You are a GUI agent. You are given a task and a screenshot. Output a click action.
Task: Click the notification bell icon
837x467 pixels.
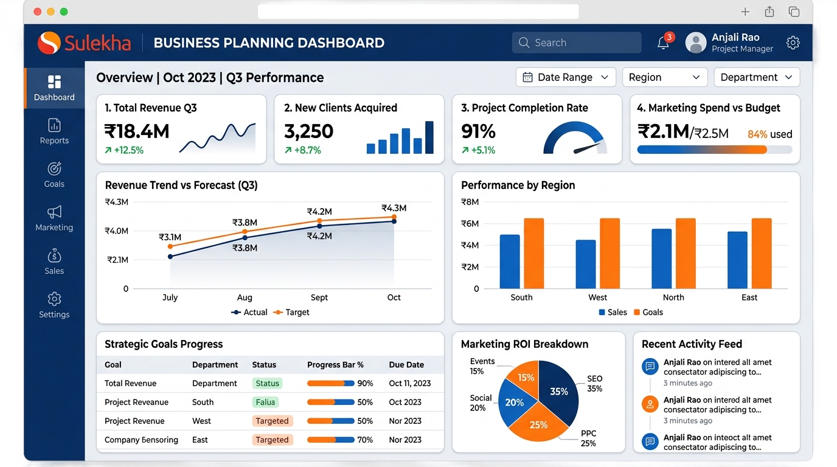[663, 43]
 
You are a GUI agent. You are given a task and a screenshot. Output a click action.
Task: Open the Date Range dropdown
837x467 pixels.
[566, 77]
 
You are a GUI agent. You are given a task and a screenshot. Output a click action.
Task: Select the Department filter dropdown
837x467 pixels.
[757, 77]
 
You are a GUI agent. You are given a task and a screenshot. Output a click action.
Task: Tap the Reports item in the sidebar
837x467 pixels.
[54, 131]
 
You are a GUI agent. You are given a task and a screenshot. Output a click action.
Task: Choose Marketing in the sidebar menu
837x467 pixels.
[54, 218]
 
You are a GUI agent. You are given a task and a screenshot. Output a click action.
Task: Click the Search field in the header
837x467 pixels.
[577, 43]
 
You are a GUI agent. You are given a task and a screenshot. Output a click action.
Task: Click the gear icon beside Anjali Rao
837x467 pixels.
[793, 43]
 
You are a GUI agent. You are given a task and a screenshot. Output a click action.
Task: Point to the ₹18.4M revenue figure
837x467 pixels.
[137, 131]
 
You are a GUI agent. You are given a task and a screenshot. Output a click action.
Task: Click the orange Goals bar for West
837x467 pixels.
[610, 254]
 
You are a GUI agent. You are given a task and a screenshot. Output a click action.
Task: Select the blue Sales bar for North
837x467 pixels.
[661, 258]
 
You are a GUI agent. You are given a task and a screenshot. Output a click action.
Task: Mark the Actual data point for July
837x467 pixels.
[170, 257]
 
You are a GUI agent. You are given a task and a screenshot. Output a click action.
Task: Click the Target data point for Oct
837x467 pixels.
[394, 216]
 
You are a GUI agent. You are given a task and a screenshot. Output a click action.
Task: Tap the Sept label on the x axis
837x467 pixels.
[319, 297]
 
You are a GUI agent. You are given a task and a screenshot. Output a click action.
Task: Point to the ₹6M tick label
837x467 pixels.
[470, 223]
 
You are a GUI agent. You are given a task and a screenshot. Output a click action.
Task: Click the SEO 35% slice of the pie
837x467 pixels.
[558, 390]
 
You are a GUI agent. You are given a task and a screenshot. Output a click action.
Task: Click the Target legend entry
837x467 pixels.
[291, 313]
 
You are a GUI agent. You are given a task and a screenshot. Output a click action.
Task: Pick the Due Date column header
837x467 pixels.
[406, 365]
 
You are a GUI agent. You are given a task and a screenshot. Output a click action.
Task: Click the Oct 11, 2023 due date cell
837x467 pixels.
[409, 383]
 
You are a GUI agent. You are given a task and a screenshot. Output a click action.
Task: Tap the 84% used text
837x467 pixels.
[769, 134]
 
